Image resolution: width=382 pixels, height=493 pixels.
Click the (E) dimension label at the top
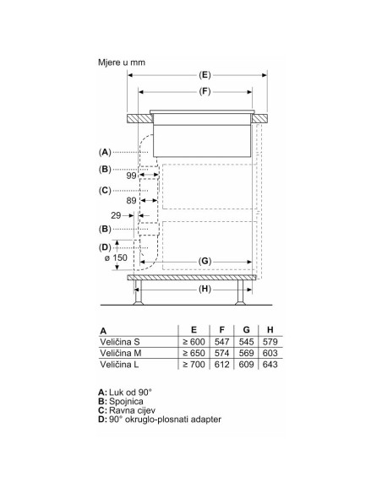(205, 75)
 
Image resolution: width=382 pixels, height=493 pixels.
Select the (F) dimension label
(205, 91)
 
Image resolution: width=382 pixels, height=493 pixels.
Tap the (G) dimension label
(205, 262)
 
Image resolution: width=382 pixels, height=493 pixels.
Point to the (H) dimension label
(205, 289)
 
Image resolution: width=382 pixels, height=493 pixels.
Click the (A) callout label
(105, 152)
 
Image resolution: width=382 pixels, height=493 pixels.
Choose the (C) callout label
(105, 191)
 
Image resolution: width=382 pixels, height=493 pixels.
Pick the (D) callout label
(105, 247)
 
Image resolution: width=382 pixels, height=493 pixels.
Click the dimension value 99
(131, 176)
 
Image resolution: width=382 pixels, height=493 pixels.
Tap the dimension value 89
(131, 201)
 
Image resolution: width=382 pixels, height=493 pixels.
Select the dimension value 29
(116, 215)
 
